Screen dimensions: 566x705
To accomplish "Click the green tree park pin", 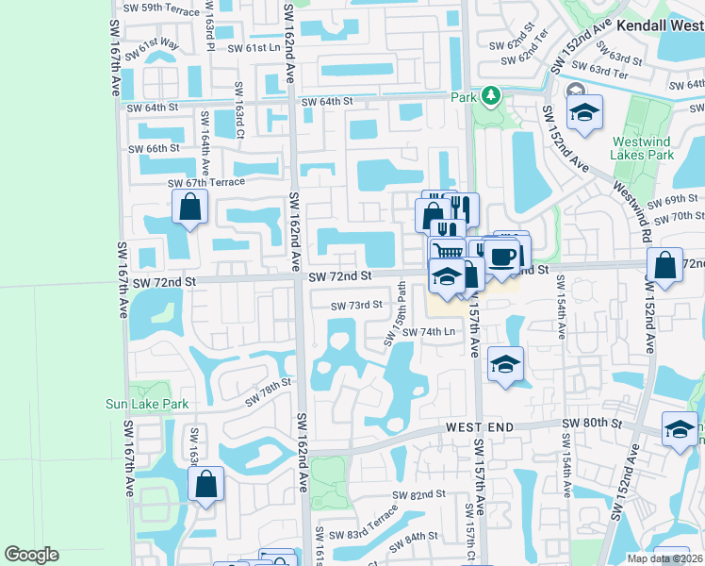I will (x=490, y=95).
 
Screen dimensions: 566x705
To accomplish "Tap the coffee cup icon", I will (x=501, y=256).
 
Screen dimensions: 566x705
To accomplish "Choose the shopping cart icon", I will (x=449, y=251).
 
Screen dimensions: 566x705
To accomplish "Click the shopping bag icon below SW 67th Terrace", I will (x=190, y=208).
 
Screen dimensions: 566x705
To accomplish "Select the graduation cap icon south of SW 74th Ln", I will (x=506, y=364).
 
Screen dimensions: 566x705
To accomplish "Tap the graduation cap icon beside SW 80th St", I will (x=679, y=429).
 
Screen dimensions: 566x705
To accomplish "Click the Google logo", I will (x=32, y=555).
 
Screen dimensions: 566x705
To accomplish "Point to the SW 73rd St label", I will (x=356, y=305).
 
